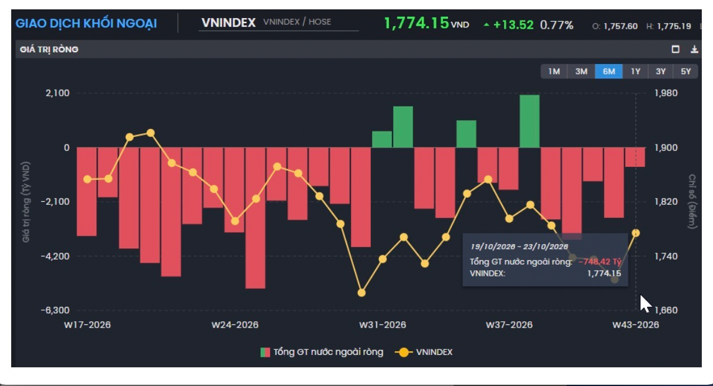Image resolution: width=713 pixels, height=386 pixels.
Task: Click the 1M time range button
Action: click(554, 72)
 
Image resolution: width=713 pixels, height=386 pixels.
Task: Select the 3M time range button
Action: click(581, 72)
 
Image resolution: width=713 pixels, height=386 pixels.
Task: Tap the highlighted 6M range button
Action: click(609, 72)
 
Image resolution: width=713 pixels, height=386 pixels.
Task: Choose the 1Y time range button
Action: click(635, 72)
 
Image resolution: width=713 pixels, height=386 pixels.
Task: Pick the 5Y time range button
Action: click(686, 72)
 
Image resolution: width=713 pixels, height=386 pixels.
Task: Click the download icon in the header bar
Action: click(694, 49)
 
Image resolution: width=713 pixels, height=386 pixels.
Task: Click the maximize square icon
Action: click(676, 49)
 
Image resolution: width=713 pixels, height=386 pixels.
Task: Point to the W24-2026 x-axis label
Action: click(235, 324)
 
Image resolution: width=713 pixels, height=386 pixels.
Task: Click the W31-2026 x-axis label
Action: click(383, 324)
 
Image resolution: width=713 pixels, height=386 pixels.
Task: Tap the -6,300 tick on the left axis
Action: click(55, 310)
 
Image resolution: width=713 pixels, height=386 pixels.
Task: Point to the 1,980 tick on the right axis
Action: click(666, 93)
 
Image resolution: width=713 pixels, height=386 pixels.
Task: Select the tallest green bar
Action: click(529, 121)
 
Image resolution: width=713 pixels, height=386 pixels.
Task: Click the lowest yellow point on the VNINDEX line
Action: click(361, 293)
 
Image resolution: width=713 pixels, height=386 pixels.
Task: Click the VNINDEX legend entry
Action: click(424, 352)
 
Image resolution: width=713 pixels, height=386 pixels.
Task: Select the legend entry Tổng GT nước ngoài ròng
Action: click(322, 352)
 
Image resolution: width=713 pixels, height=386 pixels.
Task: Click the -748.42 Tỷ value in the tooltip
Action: click(599, 261)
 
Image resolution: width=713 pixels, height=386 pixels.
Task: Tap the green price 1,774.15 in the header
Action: click(416, 23)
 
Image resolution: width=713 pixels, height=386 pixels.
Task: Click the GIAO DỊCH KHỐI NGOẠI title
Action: click(86, 23)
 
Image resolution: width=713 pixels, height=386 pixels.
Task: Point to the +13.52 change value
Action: click(513, 24)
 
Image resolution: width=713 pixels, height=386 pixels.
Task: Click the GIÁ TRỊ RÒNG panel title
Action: click(49, 49)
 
